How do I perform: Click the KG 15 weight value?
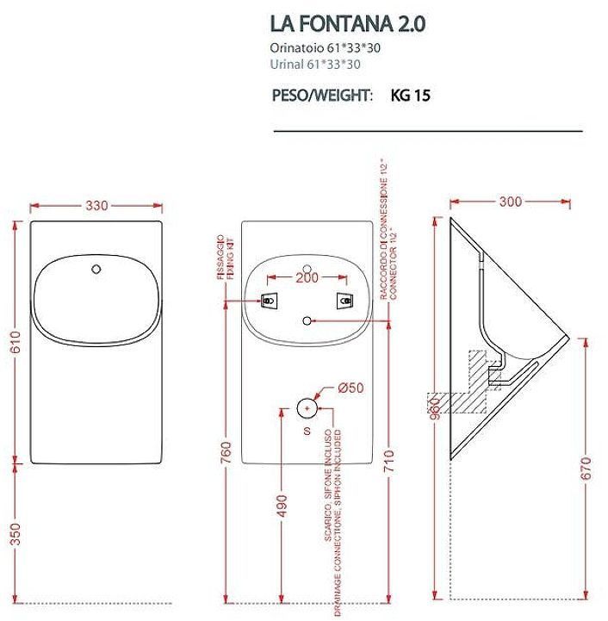[x=411, y=96]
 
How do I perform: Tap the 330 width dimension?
[x=96, y=206]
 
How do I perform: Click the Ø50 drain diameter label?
[x=351, y=388]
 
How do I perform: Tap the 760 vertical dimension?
[x=225, y=450]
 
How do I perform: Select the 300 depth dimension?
[x=510, y=202]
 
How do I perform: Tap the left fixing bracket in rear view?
[x=270, y=301]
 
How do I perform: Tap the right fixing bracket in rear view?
[x=344, y=301]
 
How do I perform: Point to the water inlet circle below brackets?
[x=307, y=320]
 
